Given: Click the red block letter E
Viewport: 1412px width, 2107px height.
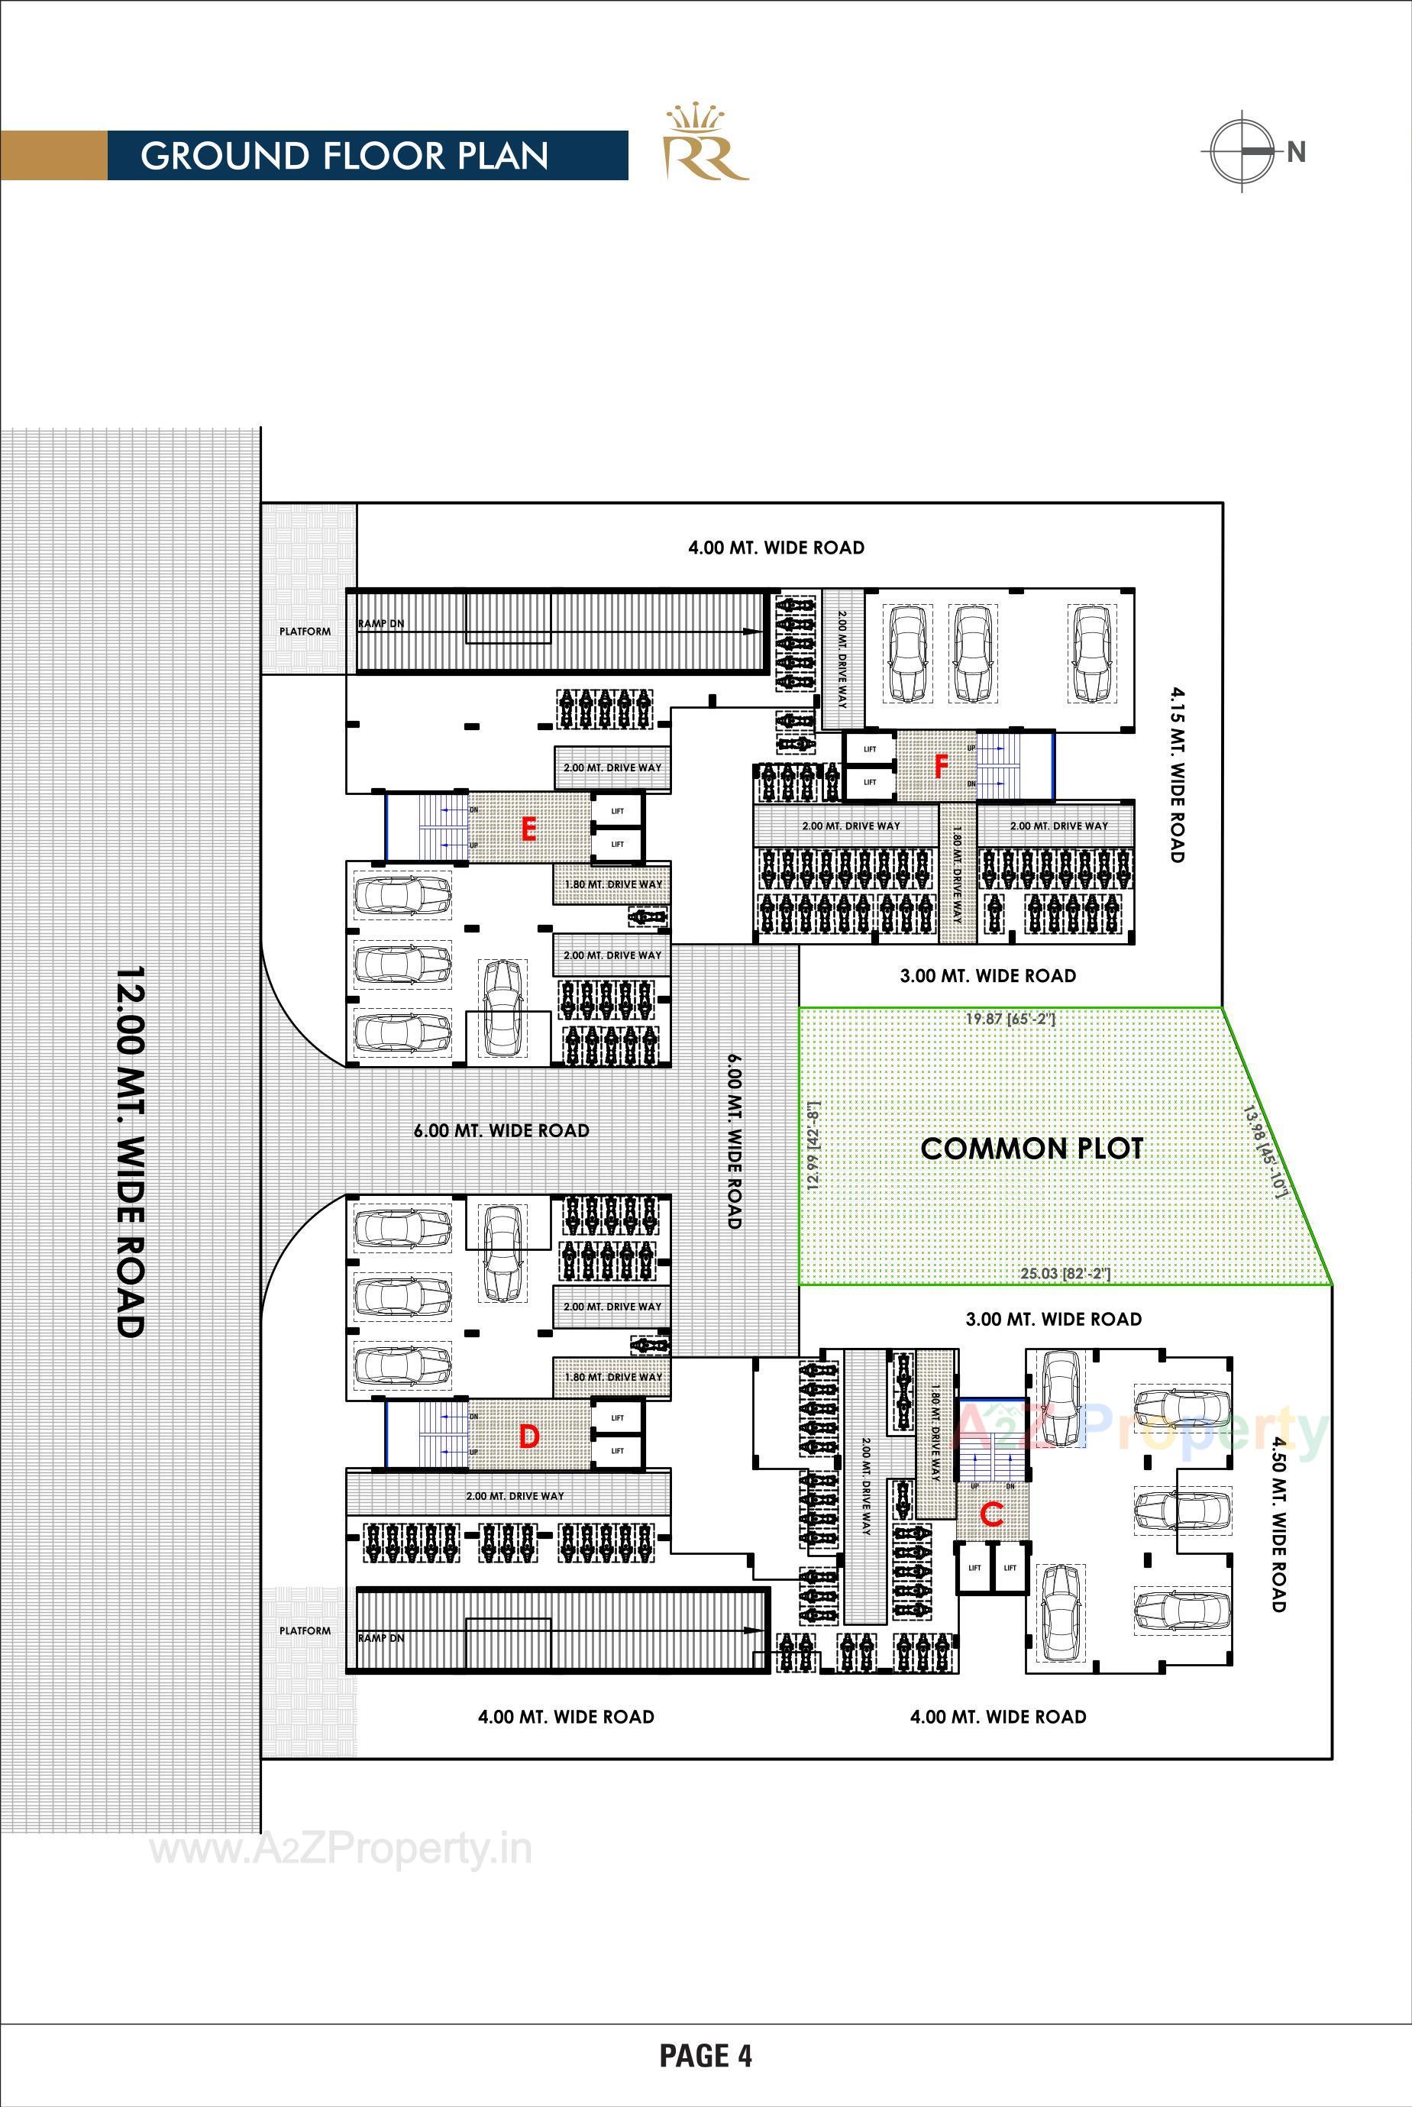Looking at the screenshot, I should click(528, 829).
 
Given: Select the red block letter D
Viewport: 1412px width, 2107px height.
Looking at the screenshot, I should click(528, 1436).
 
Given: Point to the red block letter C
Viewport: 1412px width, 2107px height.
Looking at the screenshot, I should click(990, 1514).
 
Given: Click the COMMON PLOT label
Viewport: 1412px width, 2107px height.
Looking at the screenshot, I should click(1032, 1148).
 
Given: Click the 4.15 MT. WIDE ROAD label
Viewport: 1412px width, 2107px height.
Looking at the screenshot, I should click(1176, 774).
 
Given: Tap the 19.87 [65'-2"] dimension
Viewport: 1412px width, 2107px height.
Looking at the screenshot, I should click(1010, 1020).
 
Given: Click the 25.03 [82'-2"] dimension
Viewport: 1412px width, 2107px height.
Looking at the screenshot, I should click(1065, 1274).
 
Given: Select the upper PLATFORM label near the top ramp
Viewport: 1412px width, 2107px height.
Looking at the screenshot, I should click(305, 632).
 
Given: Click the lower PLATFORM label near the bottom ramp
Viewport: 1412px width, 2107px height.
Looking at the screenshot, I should click(305, 1630).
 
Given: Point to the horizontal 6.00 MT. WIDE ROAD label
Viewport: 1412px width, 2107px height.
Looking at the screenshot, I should click(502, 1130).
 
